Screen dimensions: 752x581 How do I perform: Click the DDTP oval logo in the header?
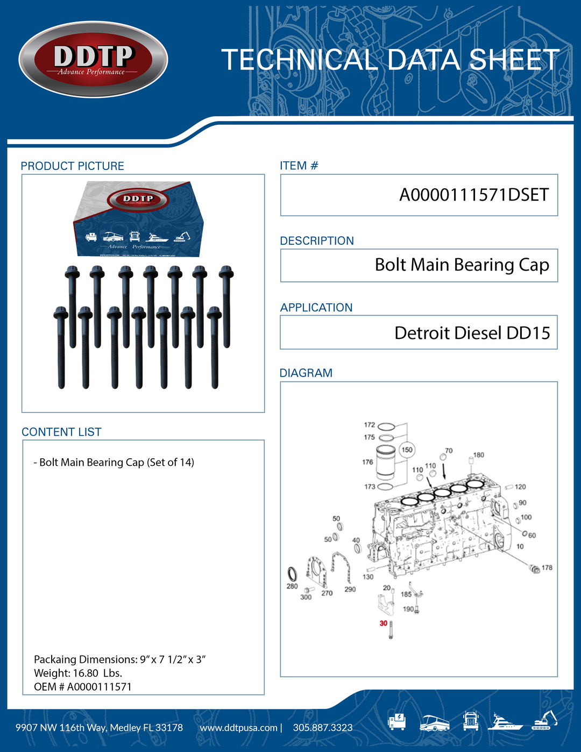coord(93,60)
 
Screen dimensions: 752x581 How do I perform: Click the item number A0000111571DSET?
coord(473,195)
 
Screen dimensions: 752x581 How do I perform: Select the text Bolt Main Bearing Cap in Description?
coord(462,265)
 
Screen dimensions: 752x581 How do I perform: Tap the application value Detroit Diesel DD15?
coord(472,333)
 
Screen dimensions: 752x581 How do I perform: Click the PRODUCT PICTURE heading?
coord(72,166)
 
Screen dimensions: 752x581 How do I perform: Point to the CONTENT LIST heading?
coord(61,432)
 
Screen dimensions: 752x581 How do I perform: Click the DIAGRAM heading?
coord(306,373)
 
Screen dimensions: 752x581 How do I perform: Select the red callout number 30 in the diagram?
coord(383,623)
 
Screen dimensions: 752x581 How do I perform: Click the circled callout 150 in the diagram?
coord(407,450)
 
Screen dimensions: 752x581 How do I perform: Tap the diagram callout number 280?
coord(292,586)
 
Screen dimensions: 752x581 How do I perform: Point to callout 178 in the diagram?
coord(547,567)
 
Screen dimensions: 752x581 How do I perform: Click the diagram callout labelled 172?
coord(370,425)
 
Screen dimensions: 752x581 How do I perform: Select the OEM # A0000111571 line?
coord(82,687)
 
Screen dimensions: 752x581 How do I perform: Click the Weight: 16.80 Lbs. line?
coord(78,673)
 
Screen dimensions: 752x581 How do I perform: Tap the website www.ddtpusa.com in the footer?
coord(238,728)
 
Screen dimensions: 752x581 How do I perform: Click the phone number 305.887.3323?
coord(323,728)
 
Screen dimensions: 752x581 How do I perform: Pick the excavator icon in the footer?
coord(544,720)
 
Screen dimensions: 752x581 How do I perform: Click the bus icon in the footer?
coord(434,722)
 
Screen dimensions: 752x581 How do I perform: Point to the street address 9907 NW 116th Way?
coord(99,728)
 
